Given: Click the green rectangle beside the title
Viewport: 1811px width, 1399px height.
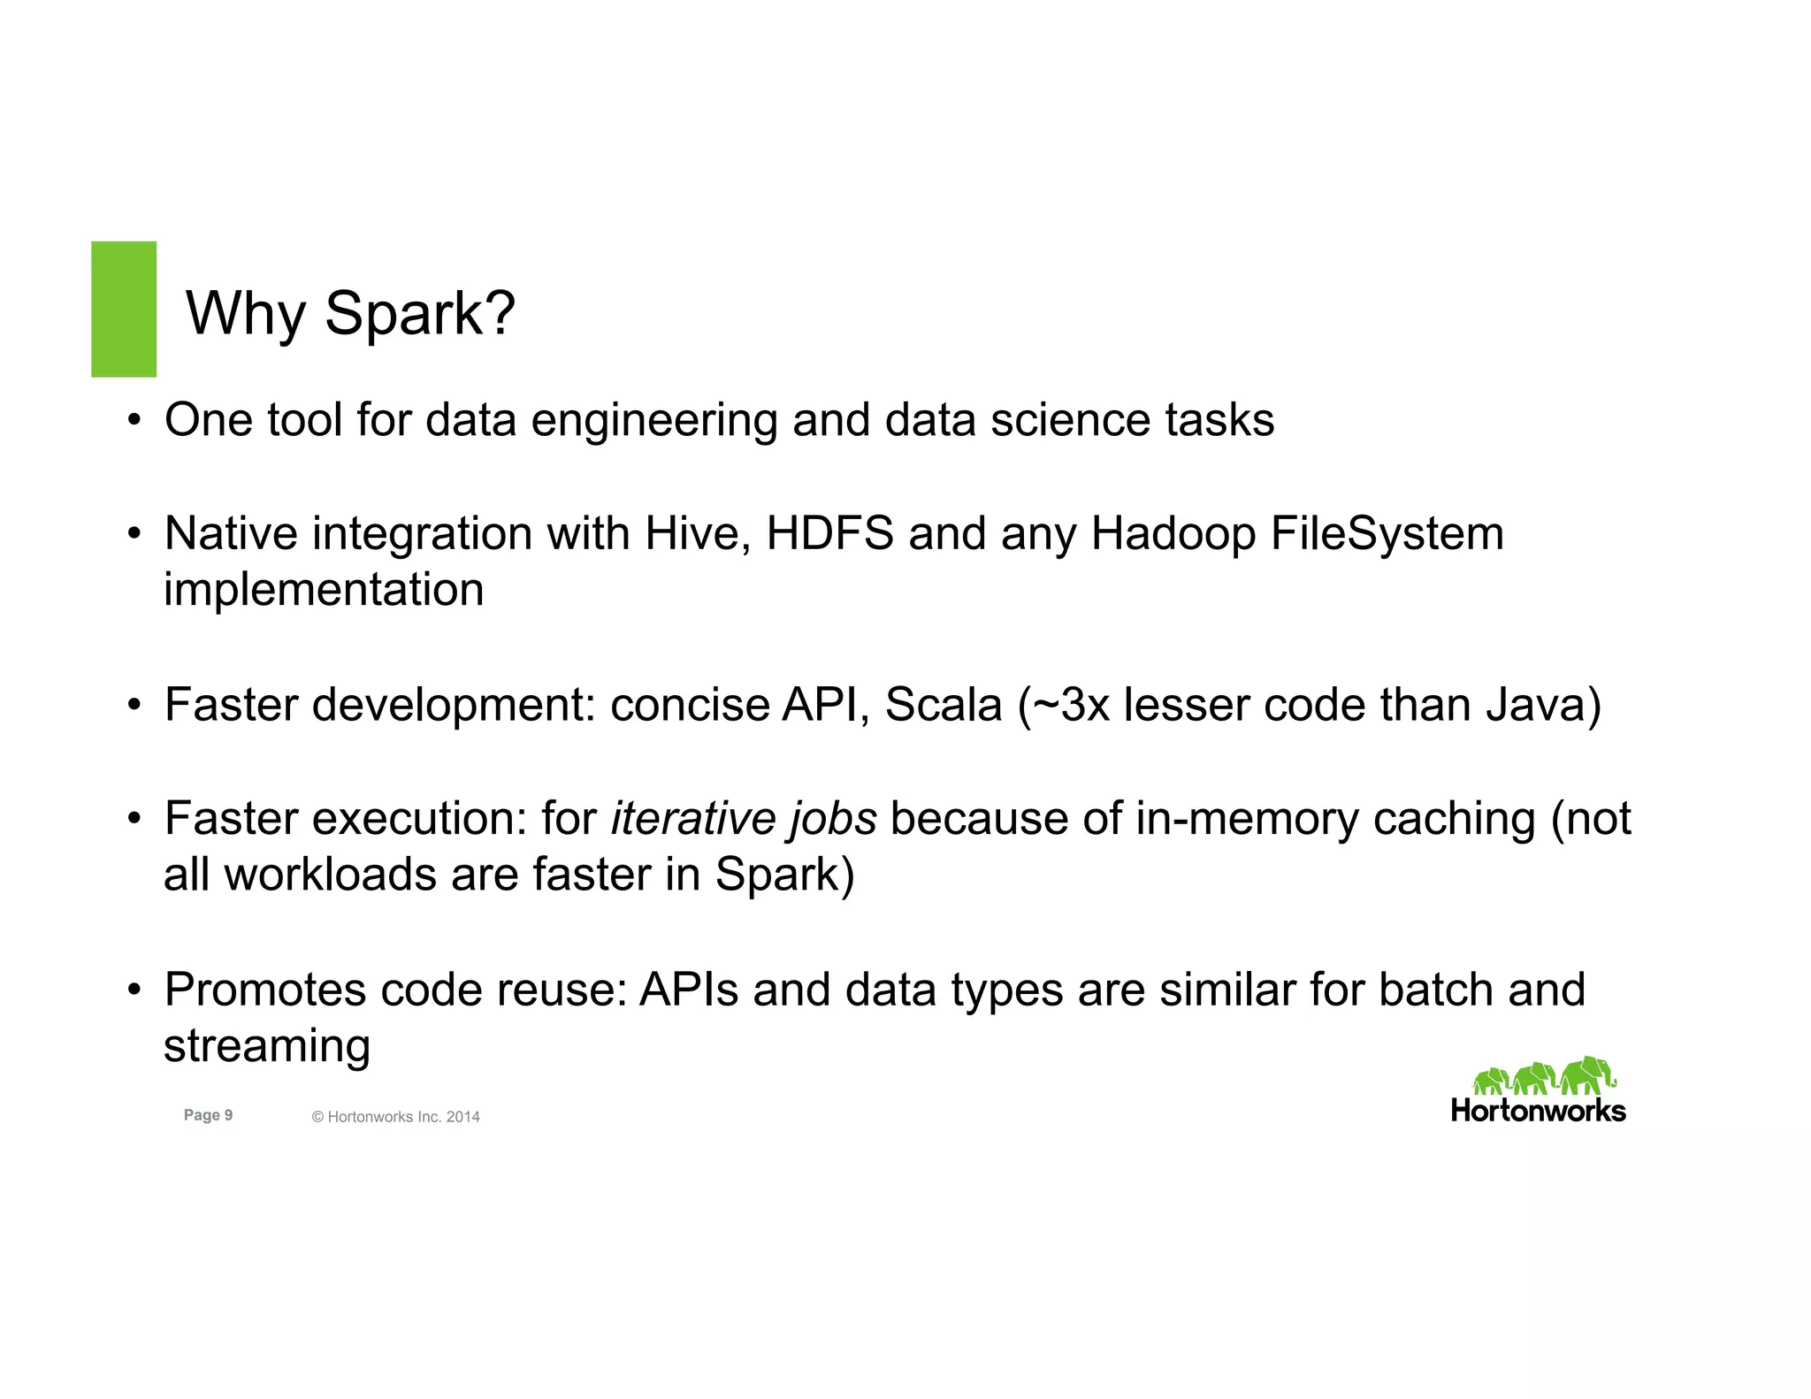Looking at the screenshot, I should click(124, 309).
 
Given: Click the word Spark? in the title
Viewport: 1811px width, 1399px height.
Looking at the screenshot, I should click(420, 313).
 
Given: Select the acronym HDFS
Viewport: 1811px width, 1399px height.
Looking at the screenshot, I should click(829, 534).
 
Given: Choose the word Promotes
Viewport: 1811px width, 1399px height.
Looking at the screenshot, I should click(264, 990).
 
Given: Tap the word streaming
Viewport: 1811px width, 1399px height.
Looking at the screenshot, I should click(266, 1047).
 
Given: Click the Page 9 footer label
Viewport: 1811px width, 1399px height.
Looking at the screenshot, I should click(208, 1115).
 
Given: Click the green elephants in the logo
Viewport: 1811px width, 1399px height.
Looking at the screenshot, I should click(1543, 1076).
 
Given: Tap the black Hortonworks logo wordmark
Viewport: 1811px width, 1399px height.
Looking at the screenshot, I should click(1538, 1111).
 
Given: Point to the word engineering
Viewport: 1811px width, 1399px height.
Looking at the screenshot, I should click(653, 420).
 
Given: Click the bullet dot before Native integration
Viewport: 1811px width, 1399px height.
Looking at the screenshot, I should click(134, 534).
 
